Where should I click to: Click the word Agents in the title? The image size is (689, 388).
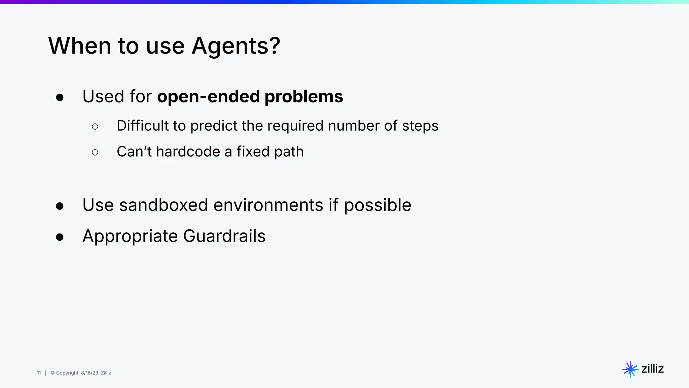click(x=235, y=46)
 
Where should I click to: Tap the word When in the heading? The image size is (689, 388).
click(x=79, y=46)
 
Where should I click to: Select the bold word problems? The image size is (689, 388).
click(x=304, y=97)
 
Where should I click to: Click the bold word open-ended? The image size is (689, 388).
click(x=209, y=97)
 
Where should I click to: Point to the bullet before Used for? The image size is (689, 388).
click(x=60, y=98)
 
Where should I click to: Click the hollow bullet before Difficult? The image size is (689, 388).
click(x=95, y=127)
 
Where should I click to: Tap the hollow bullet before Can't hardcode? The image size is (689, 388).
click(x=95, y=153)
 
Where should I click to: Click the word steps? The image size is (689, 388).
click(x=420, y=126)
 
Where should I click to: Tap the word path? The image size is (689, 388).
click(x=289, y=152)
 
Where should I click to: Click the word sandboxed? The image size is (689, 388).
click(x=164, y=205)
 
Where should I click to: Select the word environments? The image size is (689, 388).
click(x=268, y=205)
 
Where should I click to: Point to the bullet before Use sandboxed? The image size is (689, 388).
click(x=60, y=206)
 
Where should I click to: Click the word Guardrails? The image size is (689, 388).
click(x=224, y=236)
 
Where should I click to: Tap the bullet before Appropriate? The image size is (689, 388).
click(x=60, y=237)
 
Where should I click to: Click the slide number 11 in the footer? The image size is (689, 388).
click(x=39, y=373)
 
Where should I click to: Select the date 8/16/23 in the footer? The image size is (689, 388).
click(x=89, y=373)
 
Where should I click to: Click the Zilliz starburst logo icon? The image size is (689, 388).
click(x=630, y=369)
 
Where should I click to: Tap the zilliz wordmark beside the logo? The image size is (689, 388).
click(x=652, y=369)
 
